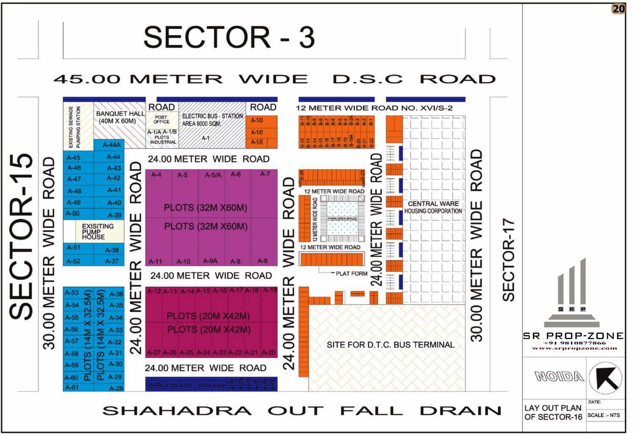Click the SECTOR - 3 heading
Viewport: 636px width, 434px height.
(229, 37)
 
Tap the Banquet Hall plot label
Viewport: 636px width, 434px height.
(120, 117)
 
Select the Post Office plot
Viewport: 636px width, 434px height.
(161, 119)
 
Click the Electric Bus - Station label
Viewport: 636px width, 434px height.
(212, 120)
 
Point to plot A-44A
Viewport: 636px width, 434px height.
(112, 145)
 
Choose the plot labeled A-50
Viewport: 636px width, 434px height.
(73, 213)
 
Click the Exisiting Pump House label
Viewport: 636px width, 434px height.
(98, 232)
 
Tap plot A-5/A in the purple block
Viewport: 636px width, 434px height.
(213, 175)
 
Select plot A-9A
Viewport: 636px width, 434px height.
(210, 261)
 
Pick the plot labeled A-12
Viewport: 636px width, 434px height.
(154, 291)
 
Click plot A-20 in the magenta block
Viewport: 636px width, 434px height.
(268, 352)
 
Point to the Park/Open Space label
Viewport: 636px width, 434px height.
(342, 218)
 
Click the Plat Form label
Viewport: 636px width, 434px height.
(351, 274)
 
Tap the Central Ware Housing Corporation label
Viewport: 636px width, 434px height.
(433, 207)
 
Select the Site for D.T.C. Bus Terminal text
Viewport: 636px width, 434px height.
(390, 345)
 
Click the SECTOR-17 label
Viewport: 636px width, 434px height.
(508, 260)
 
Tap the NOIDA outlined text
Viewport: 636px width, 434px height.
(559, 376)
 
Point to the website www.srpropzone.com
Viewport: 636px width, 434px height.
(575, 348)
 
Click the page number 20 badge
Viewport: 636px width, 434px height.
(619, 8)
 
